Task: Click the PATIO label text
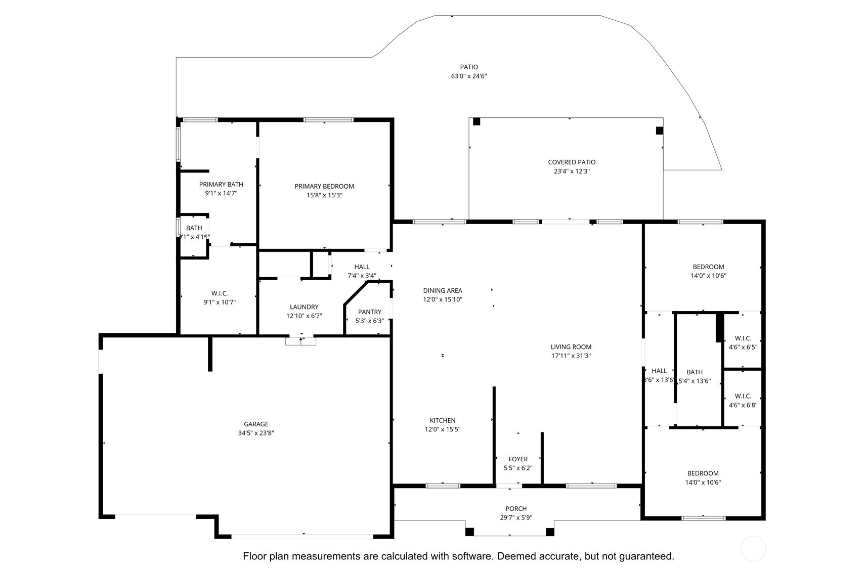click(468, 67)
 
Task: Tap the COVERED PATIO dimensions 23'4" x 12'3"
click(572, 171)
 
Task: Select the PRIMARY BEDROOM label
click(324, 186)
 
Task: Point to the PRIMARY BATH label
click(221, 185)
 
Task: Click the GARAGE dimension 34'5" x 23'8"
click(256, 433)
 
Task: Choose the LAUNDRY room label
click(304, 307)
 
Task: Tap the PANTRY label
click(369, 312)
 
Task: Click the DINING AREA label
click(443, 290)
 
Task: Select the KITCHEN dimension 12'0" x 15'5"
click(443, 429)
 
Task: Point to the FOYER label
click(518, 459)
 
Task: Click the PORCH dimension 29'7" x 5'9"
click(516, 518)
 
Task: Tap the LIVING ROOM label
click(571, 347)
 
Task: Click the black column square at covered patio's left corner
click(476, 121)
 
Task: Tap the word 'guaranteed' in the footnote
click(646, 556)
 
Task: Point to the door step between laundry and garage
click(300, 341)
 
